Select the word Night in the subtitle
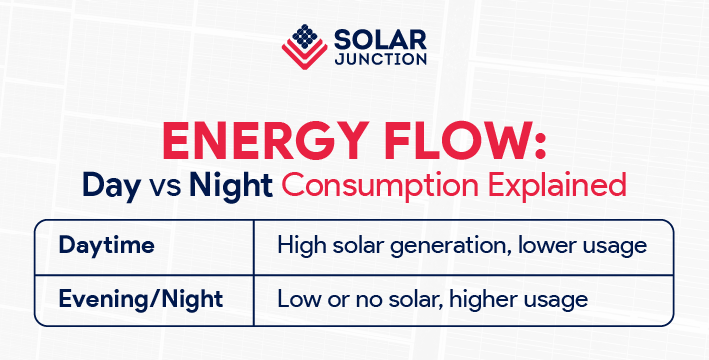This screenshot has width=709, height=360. [x=231, y=187]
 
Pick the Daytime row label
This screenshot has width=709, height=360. [x=100, y=246]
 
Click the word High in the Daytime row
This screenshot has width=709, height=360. [x=298, y=246]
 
